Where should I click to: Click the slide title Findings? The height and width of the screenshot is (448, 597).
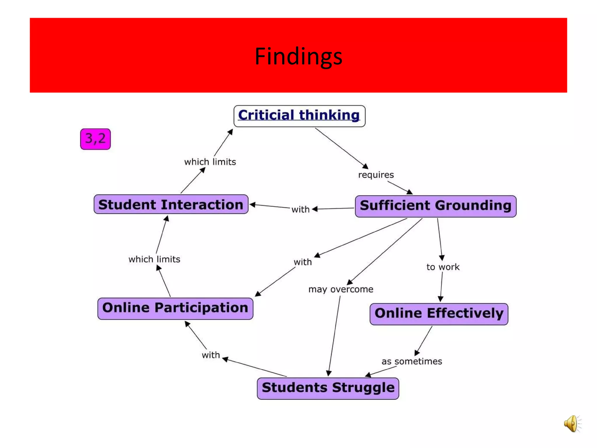pos(298,56)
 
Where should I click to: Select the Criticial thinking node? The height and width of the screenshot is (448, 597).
pos(299,116)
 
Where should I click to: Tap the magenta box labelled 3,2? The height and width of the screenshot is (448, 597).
pos(95,139)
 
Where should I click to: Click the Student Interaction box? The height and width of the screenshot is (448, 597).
pos(171,204)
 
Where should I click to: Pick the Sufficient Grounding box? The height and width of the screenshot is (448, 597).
pos(436,206)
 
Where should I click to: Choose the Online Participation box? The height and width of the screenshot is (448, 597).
pos(175,308)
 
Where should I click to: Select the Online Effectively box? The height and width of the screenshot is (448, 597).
pos(439,314)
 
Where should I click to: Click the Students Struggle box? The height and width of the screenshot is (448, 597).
pos(328,388)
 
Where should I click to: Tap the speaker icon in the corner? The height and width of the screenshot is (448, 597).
pos(572,423)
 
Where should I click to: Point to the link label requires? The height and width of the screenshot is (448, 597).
pos(376,175)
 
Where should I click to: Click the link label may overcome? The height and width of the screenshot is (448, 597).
pos(341,289)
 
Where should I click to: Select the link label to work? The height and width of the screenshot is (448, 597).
pos(443,267)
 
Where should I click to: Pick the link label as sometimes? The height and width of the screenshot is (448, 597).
pos(412,361)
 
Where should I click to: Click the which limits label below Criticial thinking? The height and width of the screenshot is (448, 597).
pos(210,162)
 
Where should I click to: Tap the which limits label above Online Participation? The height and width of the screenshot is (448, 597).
pos(154,259)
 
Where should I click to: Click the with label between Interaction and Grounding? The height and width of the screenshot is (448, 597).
pos(300,209)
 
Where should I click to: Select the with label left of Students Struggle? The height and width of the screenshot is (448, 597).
pos(211,355)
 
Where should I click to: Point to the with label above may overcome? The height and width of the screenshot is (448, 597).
pos(303,262)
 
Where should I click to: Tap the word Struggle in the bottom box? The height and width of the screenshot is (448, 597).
pos(363,388)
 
